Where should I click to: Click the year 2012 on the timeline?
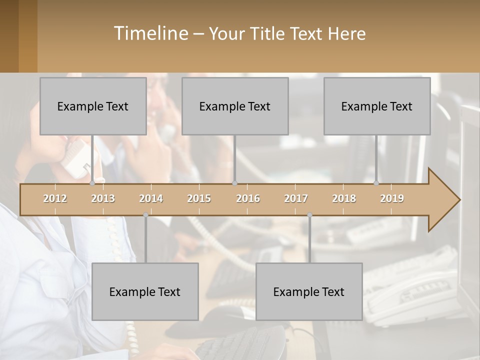55,198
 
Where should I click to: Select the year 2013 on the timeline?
103,198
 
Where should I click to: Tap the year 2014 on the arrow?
151,198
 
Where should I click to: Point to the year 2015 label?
199,198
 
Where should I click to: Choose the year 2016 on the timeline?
248,198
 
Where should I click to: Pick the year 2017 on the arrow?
296,198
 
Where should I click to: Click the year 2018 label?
344,198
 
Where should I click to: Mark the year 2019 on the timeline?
392,198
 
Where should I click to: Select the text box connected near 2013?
93,106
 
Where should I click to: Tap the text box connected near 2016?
235,106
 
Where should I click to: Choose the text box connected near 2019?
377,106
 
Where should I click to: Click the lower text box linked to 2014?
145,291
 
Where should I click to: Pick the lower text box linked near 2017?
309,291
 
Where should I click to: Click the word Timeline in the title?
150,33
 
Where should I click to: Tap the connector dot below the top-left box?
92,183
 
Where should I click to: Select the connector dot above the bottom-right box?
309,215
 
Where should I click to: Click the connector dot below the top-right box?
376,183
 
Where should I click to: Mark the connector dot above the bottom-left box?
145,215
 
